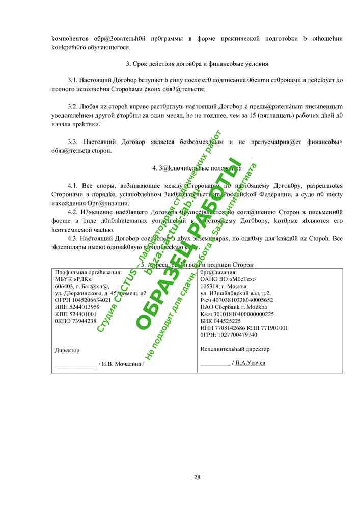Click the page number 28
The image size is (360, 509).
click(197, 477)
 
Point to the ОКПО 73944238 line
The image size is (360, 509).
click(75, 321)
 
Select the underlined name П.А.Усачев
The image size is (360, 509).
click(250, 363)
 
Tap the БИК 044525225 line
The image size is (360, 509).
click(220, 321)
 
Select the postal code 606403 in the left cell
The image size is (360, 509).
click(63, 286)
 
